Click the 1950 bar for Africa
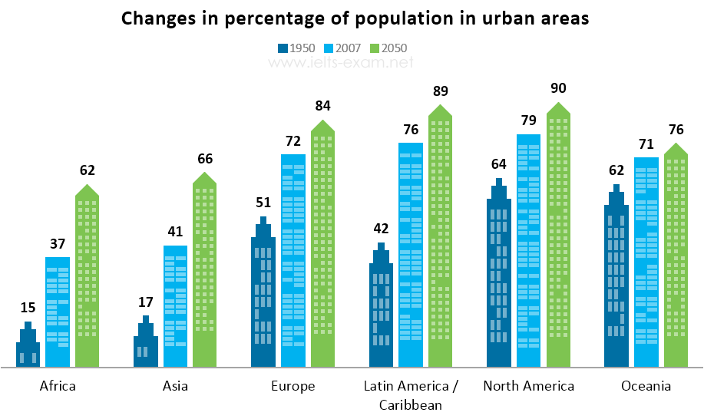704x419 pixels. (x=28, y=348)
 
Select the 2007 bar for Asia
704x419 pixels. (x=175, y=306)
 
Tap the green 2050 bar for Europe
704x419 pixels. (x=322, y=245)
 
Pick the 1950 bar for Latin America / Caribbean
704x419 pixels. (x=382, y=309)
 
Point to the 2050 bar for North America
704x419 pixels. (x=558, y=236)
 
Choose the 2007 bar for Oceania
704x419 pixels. (x=646, y=262)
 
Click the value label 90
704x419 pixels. (x=558, y=88)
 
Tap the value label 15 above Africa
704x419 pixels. (x=28, y=307)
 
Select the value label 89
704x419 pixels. (x=441, y=91)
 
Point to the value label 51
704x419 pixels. (x=263, y=203)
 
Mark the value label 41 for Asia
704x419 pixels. (x=175, y=232)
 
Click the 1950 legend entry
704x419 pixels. (x=296, y=48)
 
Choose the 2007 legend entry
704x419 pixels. (x=342, y=48)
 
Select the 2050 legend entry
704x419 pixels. (x=388, y=48)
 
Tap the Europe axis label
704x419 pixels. (x=293, y=386)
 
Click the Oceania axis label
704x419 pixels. (x=646, y=386)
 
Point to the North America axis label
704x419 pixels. (x=528, y=386)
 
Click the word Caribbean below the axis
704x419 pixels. (x=411, y=405)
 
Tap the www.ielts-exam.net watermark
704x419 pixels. (x=341, y=62)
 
